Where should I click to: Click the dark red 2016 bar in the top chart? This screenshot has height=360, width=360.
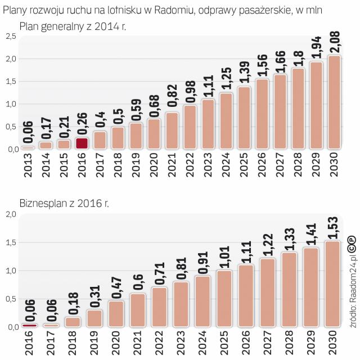82,143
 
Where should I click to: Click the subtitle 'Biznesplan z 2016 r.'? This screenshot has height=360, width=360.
64,203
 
